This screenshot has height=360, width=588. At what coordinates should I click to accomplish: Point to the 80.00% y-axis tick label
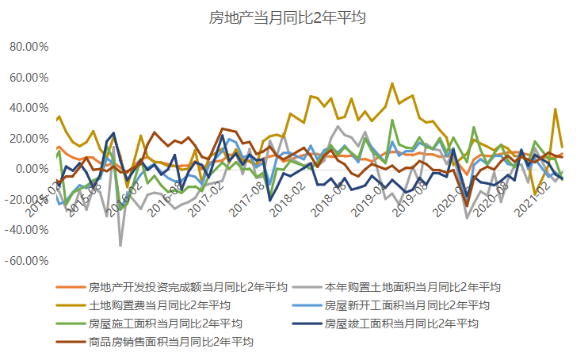pos(29,47)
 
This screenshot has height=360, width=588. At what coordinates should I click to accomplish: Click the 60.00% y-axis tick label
pos(29,78)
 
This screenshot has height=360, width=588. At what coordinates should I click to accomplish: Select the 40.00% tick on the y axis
pos(29,108)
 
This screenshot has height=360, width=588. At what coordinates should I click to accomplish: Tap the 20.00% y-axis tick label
pos(29,139)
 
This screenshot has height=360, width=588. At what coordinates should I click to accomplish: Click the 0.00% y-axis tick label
pos(31,169)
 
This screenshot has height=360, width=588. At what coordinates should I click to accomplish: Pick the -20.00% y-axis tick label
pos(27,200)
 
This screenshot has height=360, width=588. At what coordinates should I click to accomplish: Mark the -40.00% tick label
pos(27,230)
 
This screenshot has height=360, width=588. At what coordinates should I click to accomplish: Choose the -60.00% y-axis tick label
pos(27,261)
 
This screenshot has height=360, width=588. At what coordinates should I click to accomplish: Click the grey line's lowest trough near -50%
pos(120,245)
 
